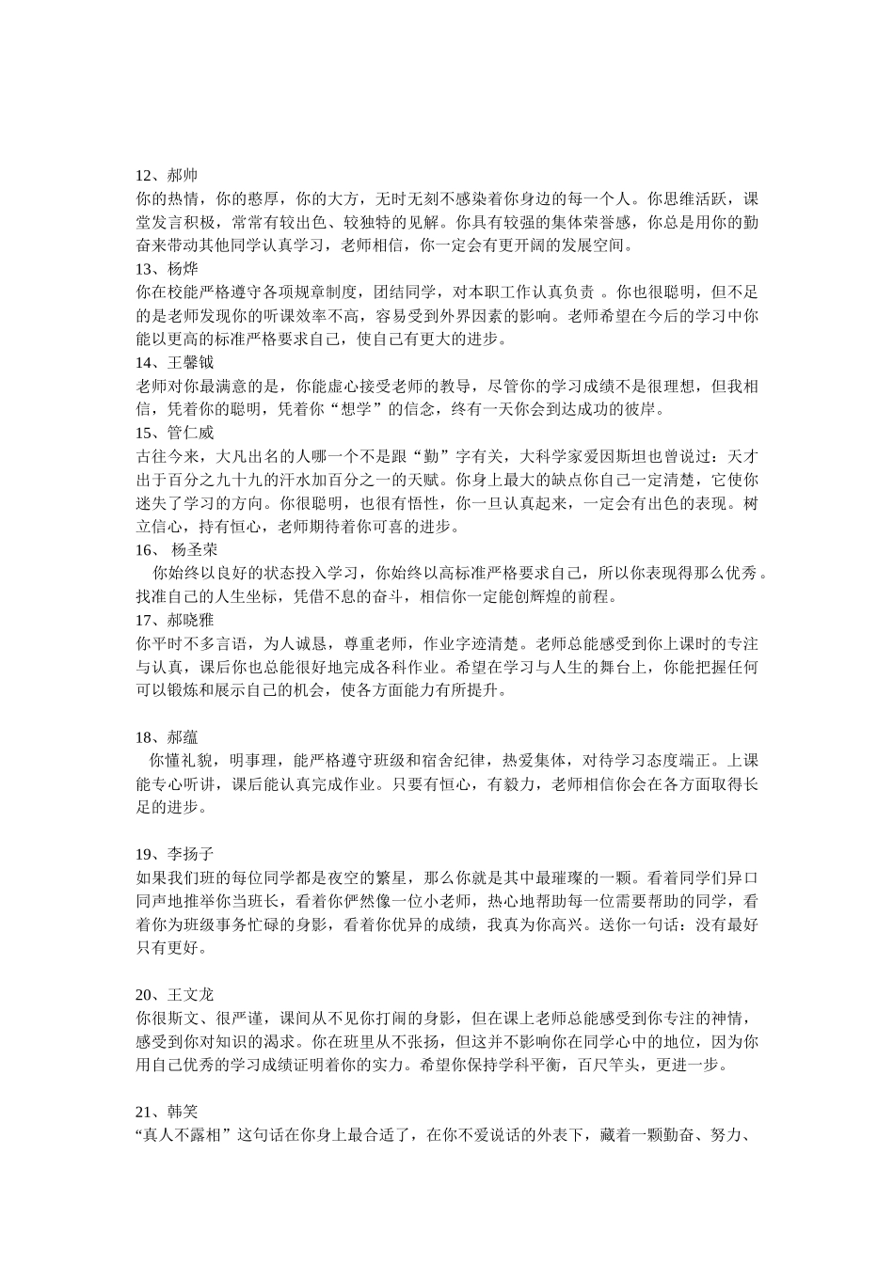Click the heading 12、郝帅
tap(167, 176)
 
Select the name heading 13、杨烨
tap(167, 269)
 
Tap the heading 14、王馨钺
tap(175, 362)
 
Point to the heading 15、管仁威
tap(175, 433)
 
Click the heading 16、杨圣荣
tap(177, 549)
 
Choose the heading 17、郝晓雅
tap(175, 620)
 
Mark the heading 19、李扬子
tap(175, 854)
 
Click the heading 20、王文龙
tap(175, 994)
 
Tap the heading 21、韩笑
tap(167, 1111)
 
